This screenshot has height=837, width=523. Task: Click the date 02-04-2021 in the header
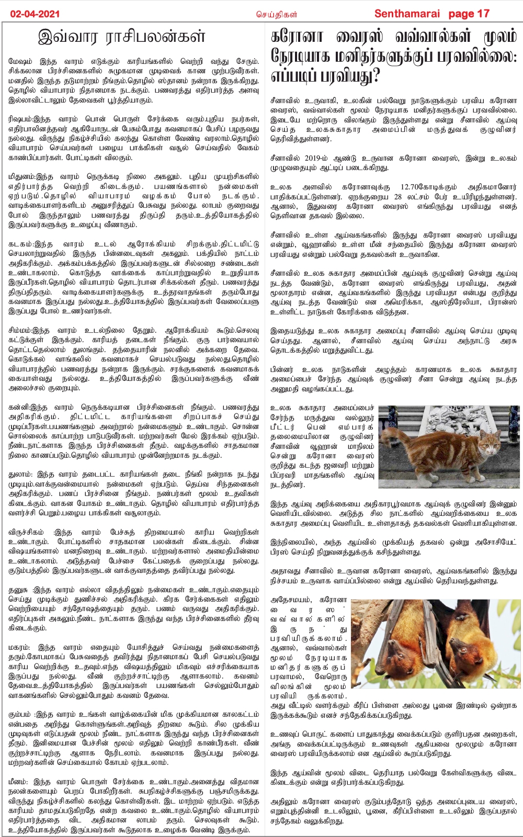click(x=35, y=14)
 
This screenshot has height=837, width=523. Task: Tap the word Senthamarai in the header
click(x=407, y=14)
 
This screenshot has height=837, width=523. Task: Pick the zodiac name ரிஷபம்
click(x=21, y=119)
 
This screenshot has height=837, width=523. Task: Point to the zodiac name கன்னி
click(x=19, y=408)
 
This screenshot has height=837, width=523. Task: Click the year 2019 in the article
click(x=312, y=158)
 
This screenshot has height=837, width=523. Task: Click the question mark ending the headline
click(x=372, y=76)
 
